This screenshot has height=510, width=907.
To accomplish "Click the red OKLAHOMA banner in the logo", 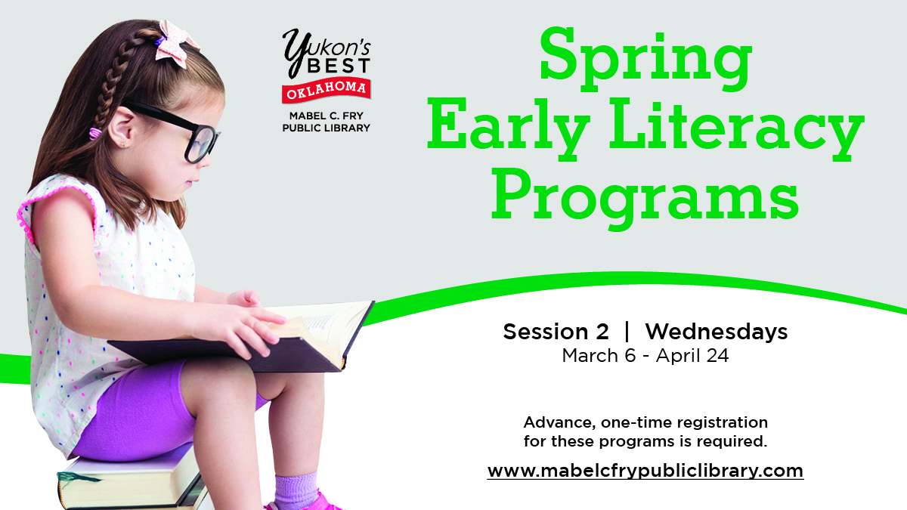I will click(327, 90).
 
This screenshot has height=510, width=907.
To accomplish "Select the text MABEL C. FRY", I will click(327, 116).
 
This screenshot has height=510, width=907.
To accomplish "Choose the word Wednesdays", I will click(716, 332).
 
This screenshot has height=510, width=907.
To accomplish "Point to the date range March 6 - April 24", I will click(645, 356).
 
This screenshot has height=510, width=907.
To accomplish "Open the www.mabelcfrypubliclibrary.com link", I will click(645, 470).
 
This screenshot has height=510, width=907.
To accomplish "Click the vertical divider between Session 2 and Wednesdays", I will click(626, 332).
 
